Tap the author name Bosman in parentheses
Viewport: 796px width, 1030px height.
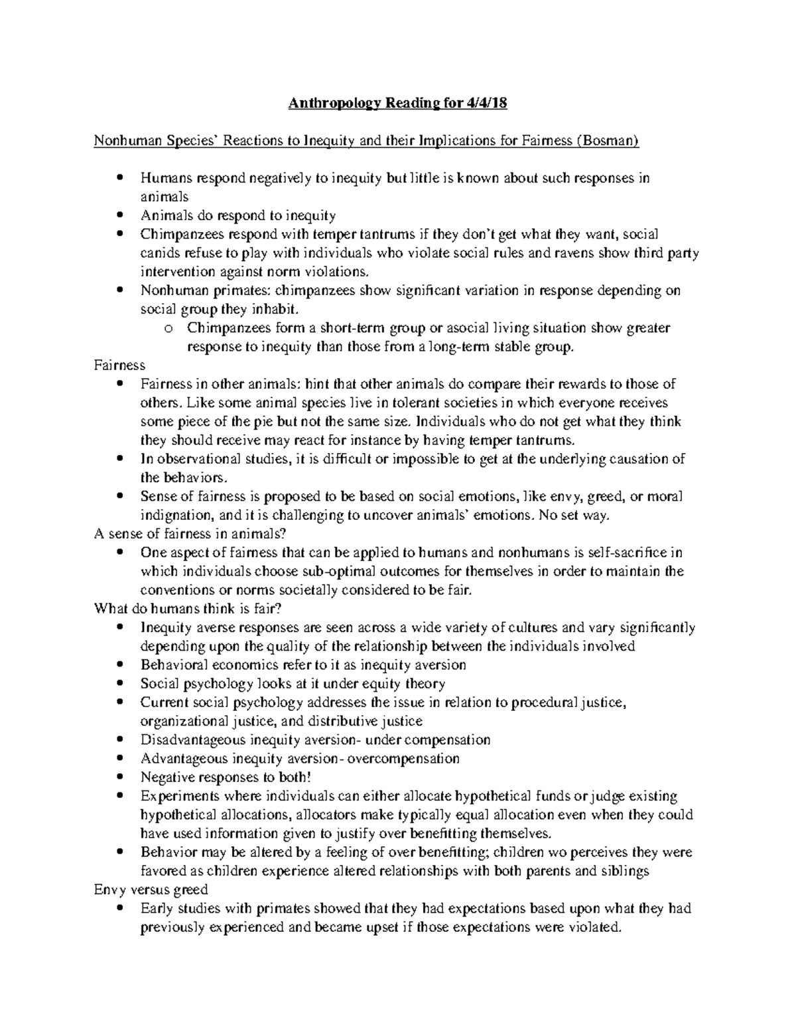click(x=609, y=141)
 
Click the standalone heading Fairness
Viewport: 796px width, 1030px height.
click(x=120, y=365)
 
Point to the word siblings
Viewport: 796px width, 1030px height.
click(x=625, y=871)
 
